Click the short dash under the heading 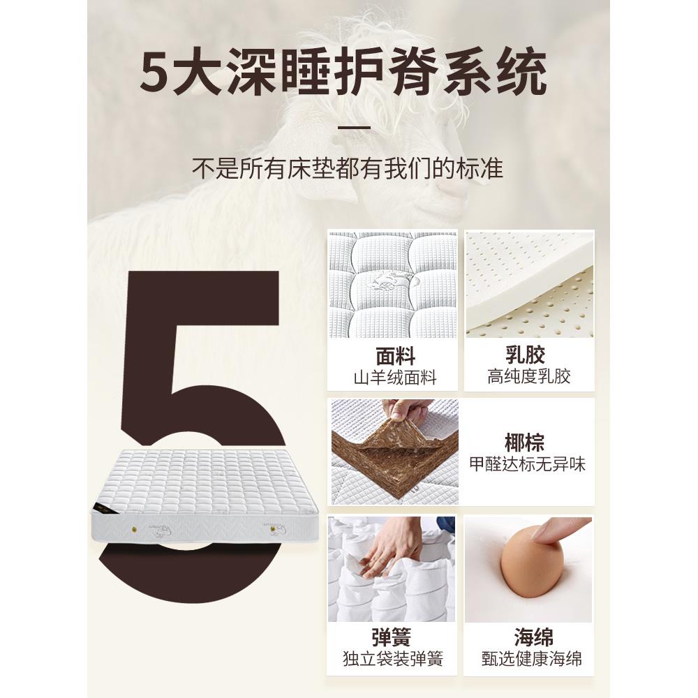pos(353,128)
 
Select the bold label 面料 pos(395,357)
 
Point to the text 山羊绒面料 pos(395,378)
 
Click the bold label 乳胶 pos(528,357)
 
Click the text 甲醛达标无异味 pos(526,463)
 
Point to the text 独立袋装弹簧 pos(393,659)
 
